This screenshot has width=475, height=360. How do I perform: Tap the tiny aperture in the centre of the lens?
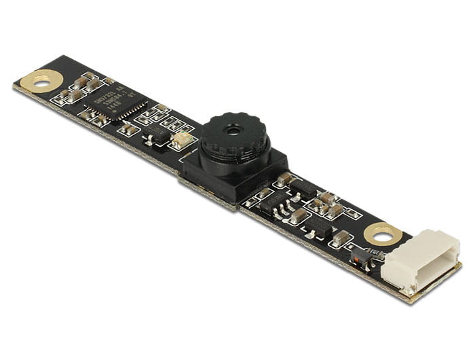pos(234,128)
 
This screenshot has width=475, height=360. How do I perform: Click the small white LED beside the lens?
pos(181,141)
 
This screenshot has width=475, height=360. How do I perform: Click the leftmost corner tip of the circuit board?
pos(14,86)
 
